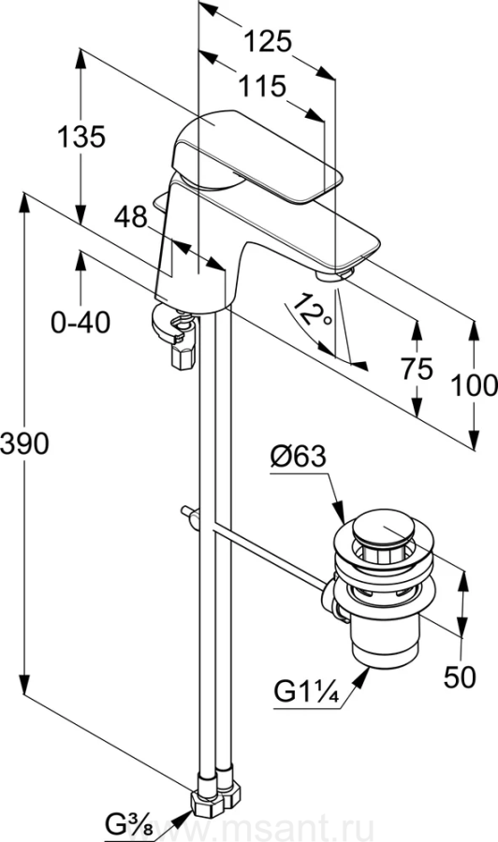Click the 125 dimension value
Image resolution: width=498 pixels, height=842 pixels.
268,41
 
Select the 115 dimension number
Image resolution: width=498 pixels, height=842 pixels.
261,86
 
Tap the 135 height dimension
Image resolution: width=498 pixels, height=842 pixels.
81,137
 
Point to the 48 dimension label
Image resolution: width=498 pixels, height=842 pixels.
130,217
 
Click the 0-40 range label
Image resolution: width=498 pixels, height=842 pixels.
81,322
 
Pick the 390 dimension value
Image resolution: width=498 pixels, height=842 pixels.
24,443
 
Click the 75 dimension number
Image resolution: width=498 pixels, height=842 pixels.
417,369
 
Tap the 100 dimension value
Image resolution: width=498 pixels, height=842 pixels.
474,385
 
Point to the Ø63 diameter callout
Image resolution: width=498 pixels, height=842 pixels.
299,457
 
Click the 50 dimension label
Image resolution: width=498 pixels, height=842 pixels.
460,676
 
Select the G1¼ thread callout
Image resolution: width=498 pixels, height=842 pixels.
306,691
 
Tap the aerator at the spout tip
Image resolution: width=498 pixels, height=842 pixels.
333,274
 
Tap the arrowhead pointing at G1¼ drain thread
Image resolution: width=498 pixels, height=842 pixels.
361,676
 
